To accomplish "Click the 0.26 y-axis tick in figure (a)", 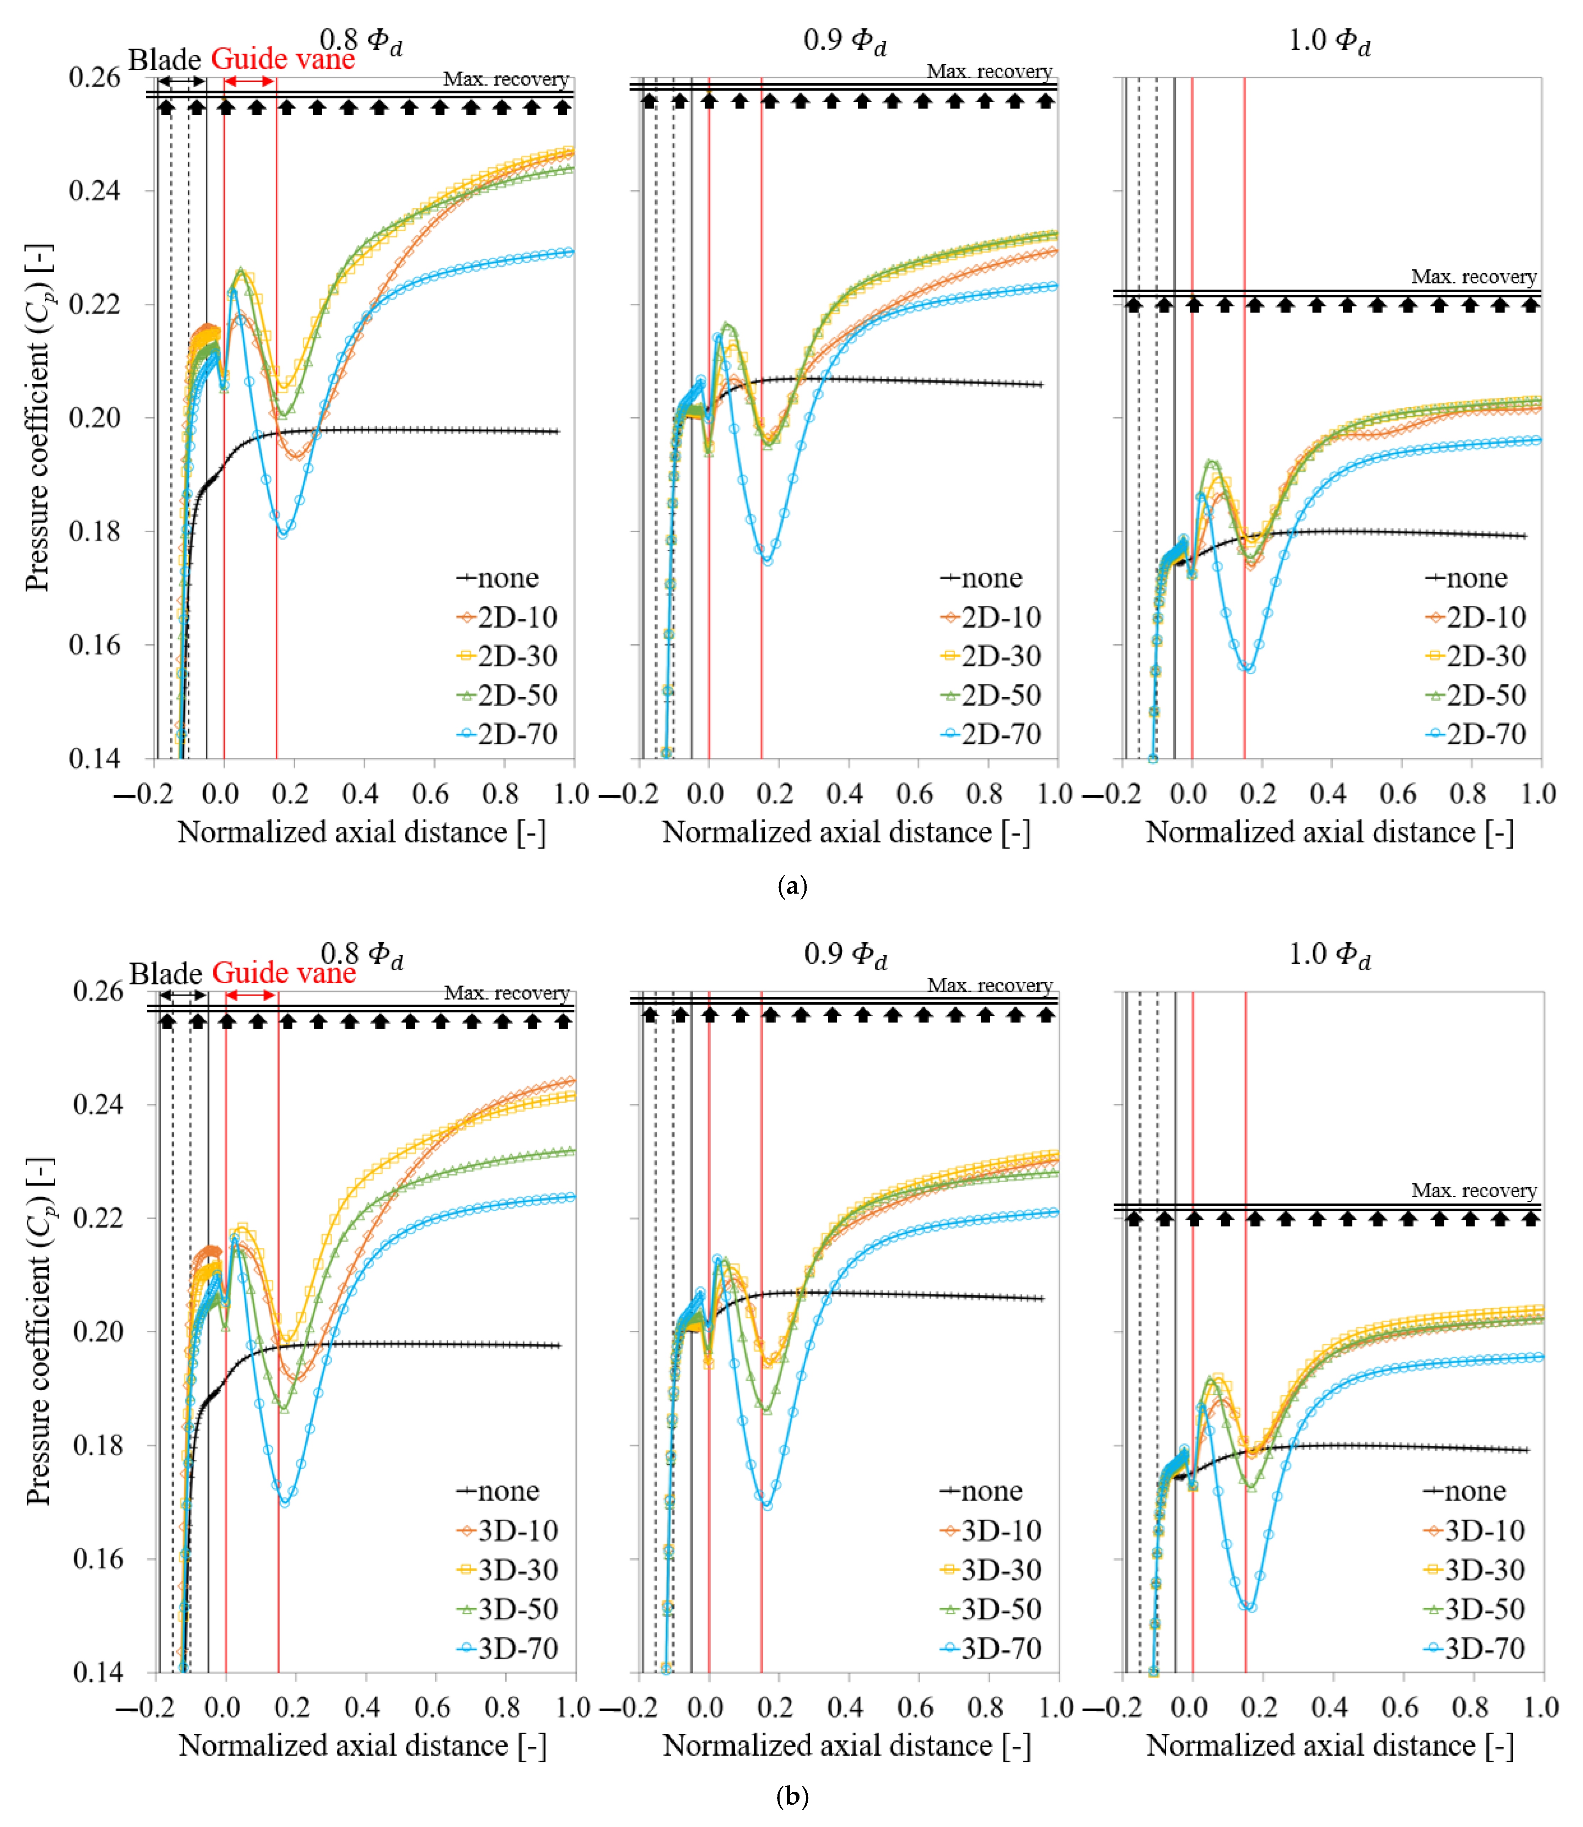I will click(95, 78).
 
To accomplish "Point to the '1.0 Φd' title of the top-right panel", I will click(1330, 40).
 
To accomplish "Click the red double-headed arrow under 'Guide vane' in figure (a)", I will click(250, 81).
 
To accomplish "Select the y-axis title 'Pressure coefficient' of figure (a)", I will click(39, 417).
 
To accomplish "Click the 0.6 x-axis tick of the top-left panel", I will click(430, 794).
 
